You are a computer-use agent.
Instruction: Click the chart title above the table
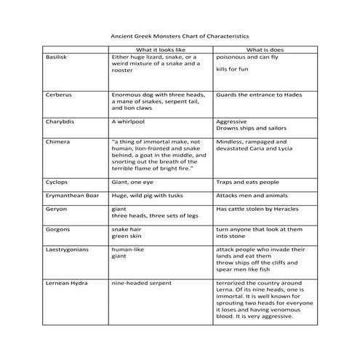(180, 34)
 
